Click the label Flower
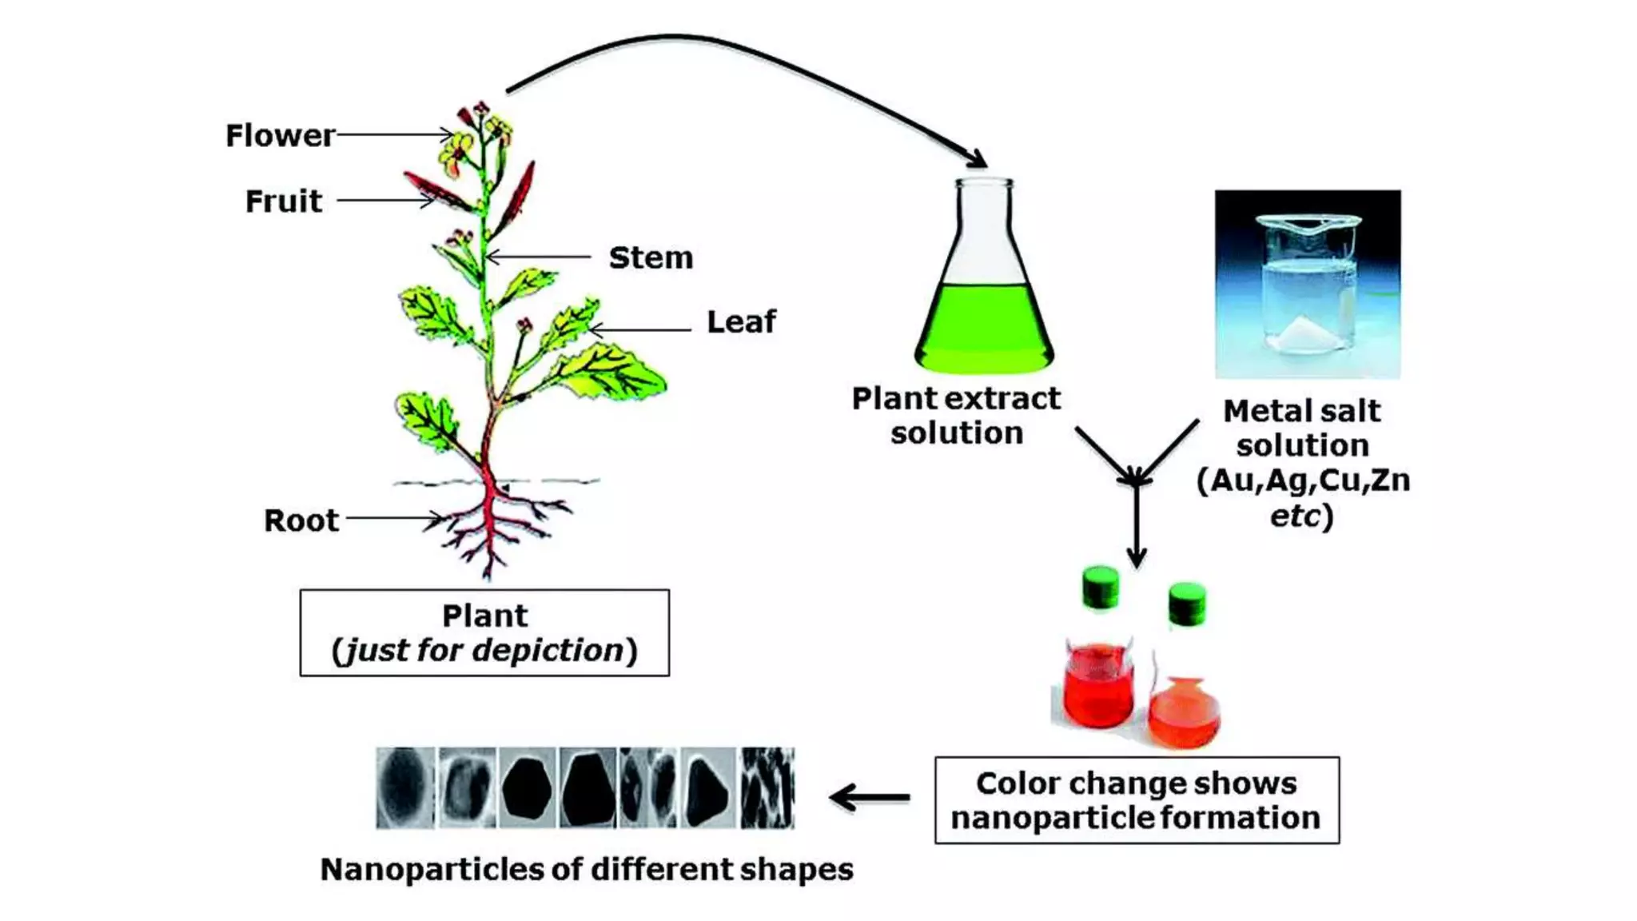pyautogui.click(x=280, y=136)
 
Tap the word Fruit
pyautogui.click(x=284, y=201)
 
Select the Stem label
pyautogui.click(x=651, y=258)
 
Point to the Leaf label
pyautogui.click(x=741, y=322)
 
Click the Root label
pyautogui.click(x=301, y=520)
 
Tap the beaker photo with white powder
pyautogui.click(x=1308, y=284)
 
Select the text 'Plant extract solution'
pyautogui.click(x=956, y=416)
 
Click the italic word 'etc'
pyautogui.click(x=1295, y=516)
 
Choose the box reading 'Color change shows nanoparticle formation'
pyautogui.click(x=1137, y=800)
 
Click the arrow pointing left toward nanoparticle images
pyautogui.click(x=870, y=797)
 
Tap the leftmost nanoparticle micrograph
pyautogui.click(x=406, y=787)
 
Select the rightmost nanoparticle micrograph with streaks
pyautogui.click(x=767, y=787)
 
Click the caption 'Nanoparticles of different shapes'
pyautogui.click(x=587, y=870)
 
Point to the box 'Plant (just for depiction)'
pyautogui.click(x=484, y=633)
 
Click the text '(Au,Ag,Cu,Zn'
pyautogui.click(x=1303, y=480)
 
